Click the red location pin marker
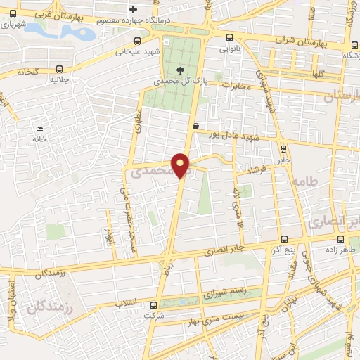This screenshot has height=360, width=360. pos(181,165)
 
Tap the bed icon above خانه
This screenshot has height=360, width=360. pos(39,129)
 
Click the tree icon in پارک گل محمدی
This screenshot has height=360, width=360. pos(181,70)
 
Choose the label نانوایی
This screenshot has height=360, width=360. pos(231,50)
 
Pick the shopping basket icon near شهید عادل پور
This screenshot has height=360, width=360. pos(195,125)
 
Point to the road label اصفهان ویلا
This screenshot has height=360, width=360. pos(13,304)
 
